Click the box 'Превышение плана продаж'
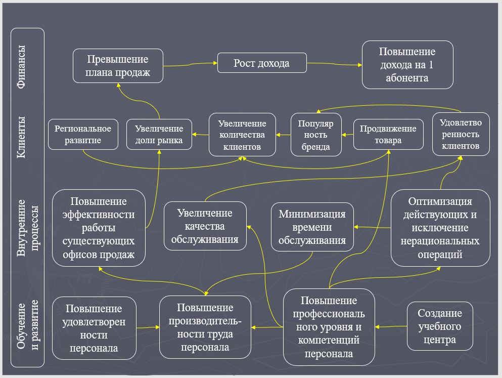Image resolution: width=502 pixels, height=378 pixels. (118, 66)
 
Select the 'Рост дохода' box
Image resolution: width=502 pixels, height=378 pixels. (261, 63)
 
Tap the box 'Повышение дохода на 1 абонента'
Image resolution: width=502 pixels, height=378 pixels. (407, 65)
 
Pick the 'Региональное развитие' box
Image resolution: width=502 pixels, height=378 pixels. (83, 134)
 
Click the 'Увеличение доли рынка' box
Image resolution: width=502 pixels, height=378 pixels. (159, 134)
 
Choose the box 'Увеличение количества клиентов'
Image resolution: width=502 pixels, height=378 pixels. (242, 134)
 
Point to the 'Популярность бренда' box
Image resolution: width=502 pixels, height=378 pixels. (316, 135)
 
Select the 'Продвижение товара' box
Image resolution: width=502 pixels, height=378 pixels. (388, 134)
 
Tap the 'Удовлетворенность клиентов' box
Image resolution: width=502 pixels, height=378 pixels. (461, 134)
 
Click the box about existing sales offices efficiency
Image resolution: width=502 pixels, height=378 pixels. (99, 227)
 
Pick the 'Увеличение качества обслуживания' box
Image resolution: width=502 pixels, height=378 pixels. (205, 226)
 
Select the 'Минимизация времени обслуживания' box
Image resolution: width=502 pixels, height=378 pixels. (312, 227)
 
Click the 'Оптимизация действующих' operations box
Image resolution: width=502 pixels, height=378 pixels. (440, 228)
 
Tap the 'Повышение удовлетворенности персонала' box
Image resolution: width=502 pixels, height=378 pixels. (94, 328)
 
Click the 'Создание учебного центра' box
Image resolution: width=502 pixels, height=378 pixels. (440, 326)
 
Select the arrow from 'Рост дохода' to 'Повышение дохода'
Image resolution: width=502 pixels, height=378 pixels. (334, 64)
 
